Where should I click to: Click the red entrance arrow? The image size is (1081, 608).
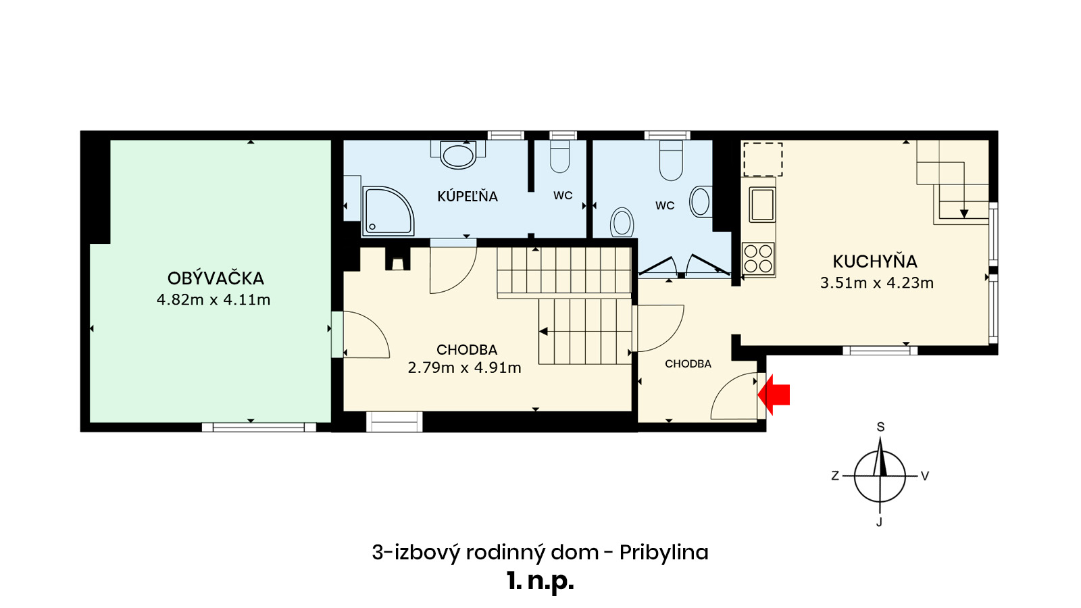point(774,395)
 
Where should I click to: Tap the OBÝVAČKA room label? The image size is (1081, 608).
point(216,278)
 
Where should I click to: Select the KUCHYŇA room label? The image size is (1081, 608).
point(874,261)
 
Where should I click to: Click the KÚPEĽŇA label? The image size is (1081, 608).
point(467,196)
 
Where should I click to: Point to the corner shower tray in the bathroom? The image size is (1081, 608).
point(388,211)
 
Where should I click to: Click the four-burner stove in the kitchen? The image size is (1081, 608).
point(759,259)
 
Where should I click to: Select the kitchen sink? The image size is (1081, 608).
point(762,205)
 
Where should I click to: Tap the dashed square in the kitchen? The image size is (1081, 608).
point(763,159)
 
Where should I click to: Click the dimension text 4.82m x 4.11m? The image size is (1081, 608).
point(213,300)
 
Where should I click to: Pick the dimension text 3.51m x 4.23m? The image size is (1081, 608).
point(877,283)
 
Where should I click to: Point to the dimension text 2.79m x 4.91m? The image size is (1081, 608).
point(464,368)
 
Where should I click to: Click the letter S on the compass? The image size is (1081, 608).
point(881,426)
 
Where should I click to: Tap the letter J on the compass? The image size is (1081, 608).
point(879,522)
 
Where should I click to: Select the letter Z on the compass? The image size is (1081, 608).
point(835,476)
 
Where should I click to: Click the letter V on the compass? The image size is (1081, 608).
point(925,476)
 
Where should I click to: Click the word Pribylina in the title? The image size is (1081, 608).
point(663,553)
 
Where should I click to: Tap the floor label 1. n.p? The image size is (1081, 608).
point(540,582)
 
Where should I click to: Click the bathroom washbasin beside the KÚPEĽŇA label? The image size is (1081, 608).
point(458,155)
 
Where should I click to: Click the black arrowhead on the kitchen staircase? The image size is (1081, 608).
point(964,213)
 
